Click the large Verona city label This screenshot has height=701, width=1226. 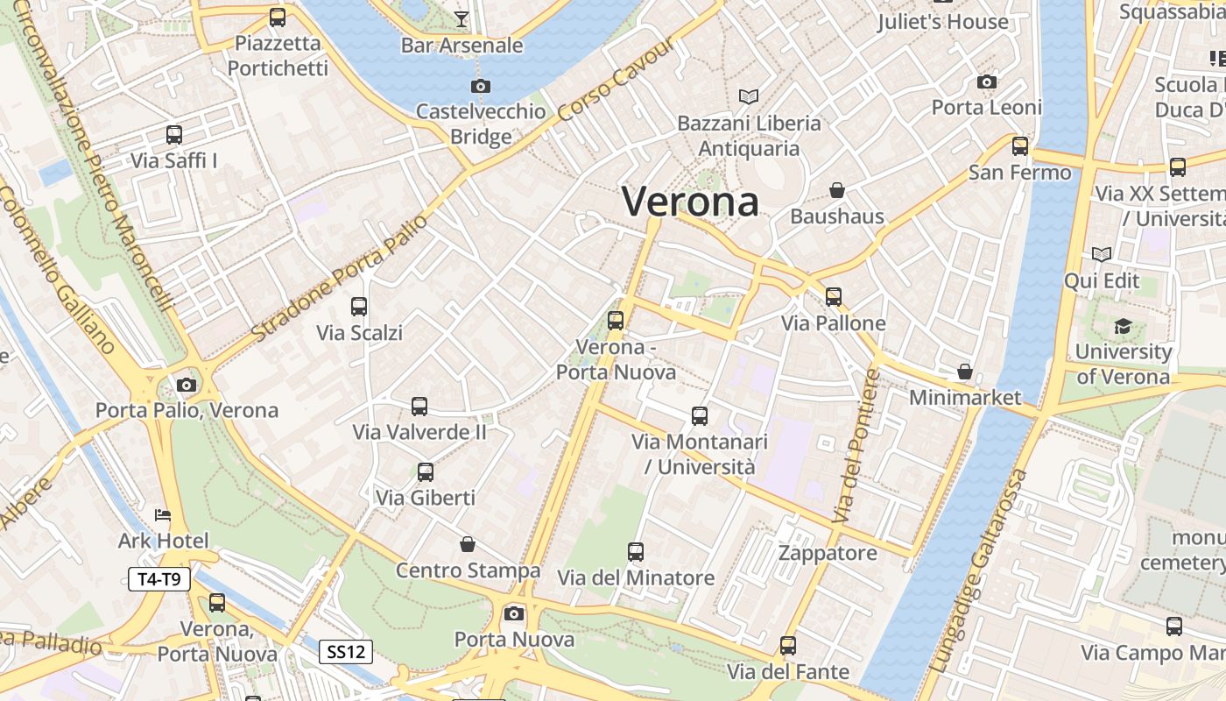pyautogui.click(x=690, y=202)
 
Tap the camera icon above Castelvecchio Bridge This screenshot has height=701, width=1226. pyautogui.click(x=480, y=86)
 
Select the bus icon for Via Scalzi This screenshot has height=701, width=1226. pyautogui.click(x=359, y=307)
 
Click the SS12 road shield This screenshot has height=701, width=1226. pyautogui.click(x=346, y=652)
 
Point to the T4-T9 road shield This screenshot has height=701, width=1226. pyautogui.click(x=159, y=579)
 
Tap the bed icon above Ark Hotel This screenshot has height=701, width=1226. pyautogui.click(x=163, y=515)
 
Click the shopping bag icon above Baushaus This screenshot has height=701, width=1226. pyautogui.click(x=837, y=190)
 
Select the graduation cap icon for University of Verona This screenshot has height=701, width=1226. pyautogui.click(x=1123, y=327)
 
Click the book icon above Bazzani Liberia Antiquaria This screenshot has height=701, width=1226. pyautogui.click(x=749, y=96)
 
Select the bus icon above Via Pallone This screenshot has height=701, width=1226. pyautogui.click(x=834, y=297)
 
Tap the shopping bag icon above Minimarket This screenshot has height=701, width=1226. pyautogui.click(x=965, y=372)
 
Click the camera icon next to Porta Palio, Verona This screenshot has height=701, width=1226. pyautogui.click(x=186, y=385)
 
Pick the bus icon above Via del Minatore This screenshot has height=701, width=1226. pyautogui.click(x=636, y=552)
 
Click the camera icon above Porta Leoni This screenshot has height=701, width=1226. pyautogui.click(x=987, y=81)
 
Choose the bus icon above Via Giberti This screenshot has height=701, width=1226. pyautogui.click(x=426, y=472)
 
